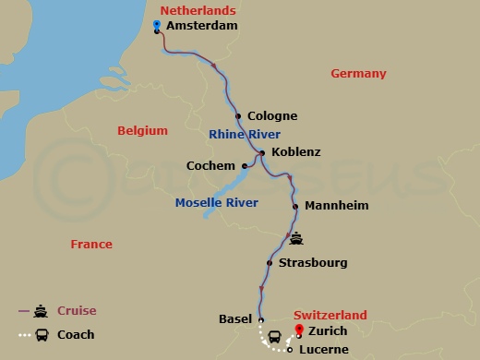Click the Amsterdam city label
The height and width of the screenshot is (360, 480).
point(202,26)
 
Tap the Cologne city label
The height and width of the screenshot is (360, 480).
point(272,116)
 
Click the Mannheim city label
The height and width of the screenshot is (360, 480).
point(336,206)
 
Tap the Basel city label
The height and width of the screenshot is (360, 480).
point(235,319)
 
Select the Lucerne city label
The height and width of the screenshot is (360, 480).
point(325,351)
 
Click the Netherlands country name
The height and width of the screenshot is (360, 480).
point(198,10)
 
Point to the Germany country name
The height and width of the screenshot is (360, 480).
point(358,74)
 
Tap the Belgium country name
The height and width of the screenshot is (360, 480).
point(142,131)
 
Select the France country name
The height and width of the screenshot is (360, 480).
point(91,245)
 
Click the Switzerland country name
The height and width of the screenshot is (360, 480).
point(330,315)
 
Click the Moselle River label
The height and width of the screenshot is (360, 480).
point(217,202)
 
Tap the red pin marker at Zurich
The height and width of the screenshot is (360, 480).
point(298,330)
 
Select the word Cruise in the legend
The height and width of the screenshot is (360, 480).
point(77,311)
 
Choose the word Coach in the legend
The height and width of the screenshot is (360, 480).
point(76,335)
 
